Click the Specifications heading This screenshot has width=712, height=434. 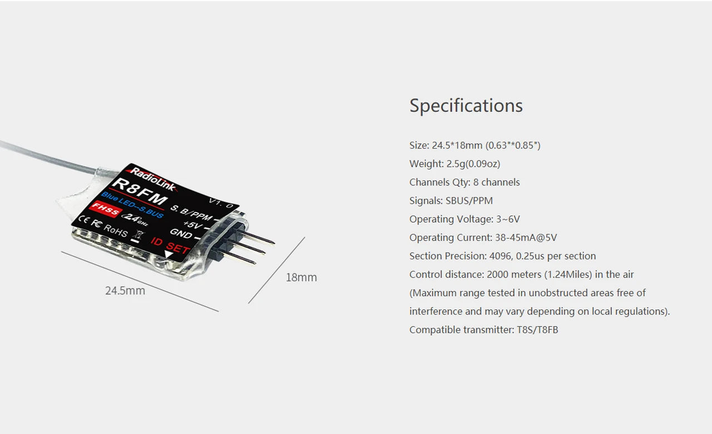(466, 106)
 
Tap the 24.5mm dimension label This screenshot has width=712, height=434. (125, 290)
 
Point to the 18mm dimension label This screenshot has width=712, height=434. (301, 277)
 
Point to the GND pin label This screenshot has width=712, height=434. (181, 234)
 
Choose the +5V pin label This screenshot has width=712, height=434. (191, 225)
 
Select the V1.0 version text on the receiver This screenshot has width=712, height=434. (221, 202)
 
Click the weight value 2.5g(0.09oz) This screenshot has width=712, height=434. (473, 164)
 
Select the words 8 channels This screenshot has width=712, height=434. (496, 182)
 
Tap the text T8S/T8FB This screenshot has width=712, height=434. (537, 329)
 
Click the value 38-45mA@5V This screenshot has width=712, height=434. (526, 238)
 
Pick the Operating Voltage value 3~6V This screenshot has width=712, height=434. (508, 219)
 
